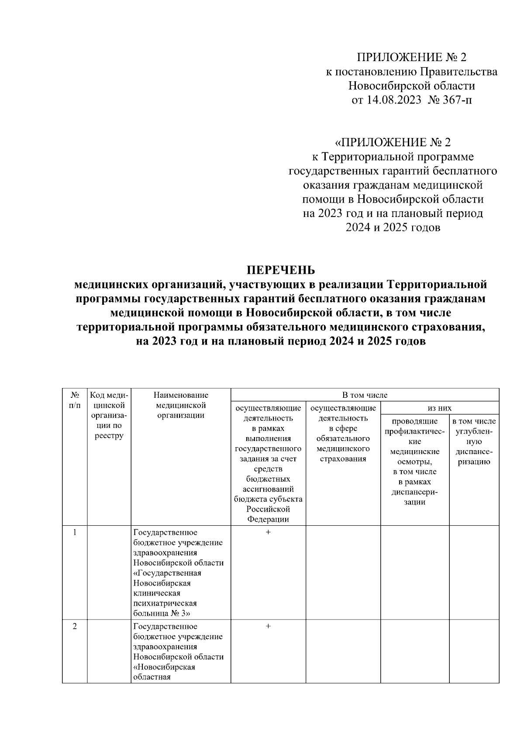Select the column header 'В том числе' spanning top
pyautogui.click(x=365, y=395)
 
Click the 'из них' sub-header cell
pyautogui.click(x=439, y=408)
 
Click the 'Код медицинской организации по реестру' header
pyautogui.click(x=109, y=415)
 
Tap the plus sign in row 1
pyautogui.click(x=268, y=532)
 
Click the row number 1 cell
pyautogui.click(x=75, y=532)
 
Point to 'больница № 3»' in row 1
pyautogui.click(x=162, y=613)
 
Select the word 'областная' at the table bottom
pyautogui.click(x=152, y=677)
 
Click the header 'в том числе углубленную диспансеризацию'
pyautogui.click(x=474, y=441)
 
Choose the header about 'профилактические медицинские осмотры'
pyautogui.click(x=415, y=462)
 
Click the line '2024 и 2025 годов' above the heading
pyautogui.click(x=393, y=227)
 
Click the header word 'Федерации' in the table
pyautogui.click(x=268, y=519)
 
